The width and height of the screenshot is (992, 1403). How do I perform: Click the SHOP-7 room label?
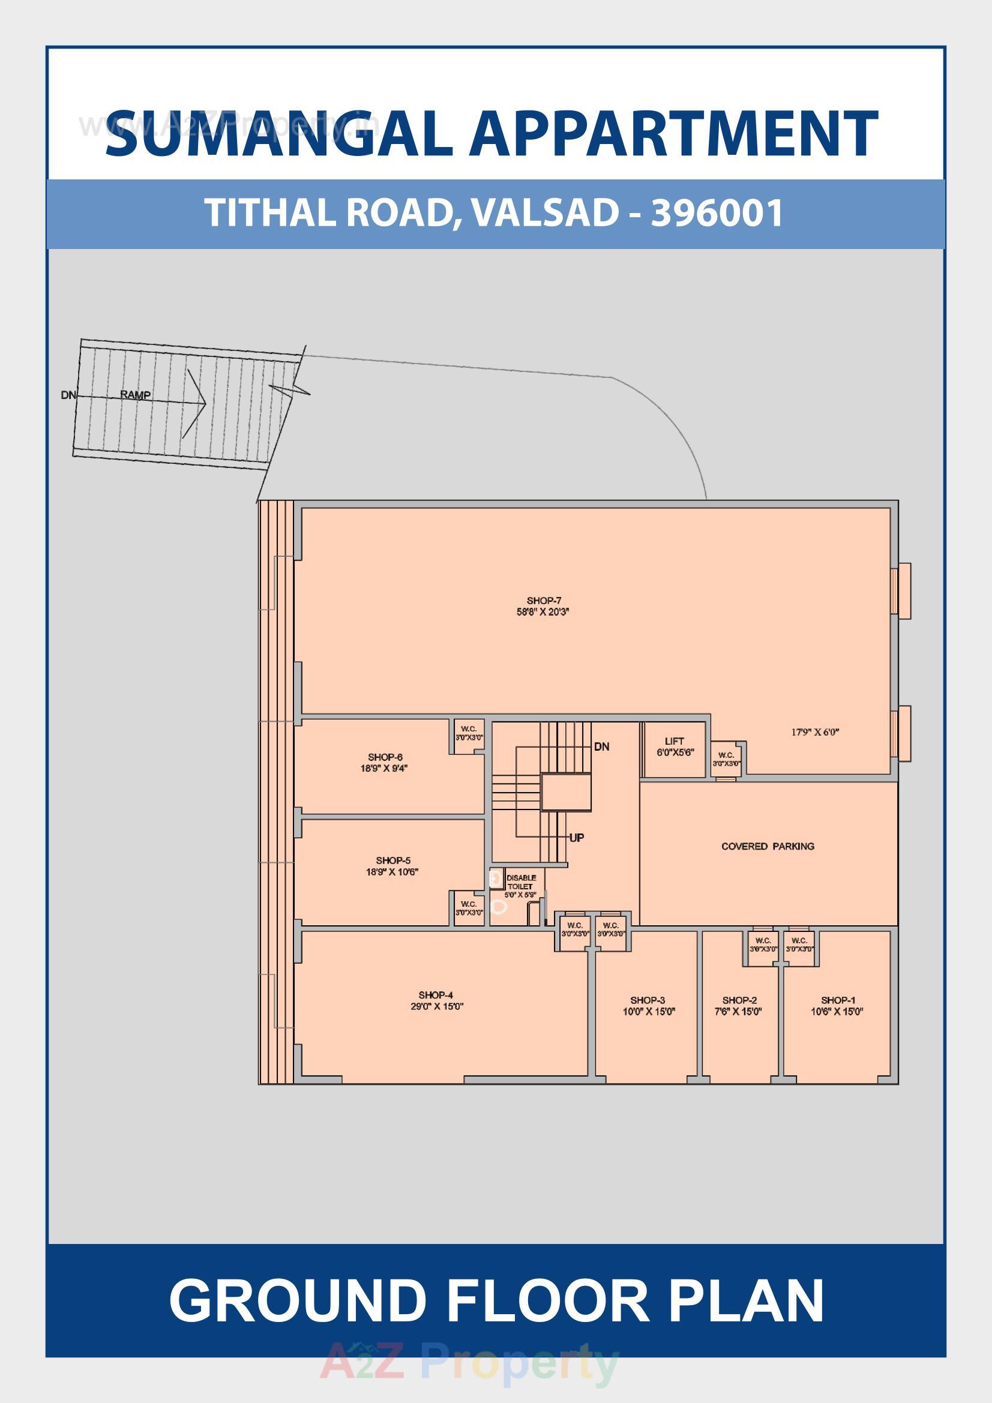tap(543, 601)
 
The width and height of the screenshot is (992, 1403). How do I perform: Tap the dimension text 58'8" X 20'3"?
tap(543, 611)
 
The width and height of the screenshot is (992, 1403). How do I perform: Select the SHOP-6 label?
tap(385, 757)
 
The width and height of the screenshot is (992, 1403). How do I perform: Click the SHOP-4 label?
tap(436, 995)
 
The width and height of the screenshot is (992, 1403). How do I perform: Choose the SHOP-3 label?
tap(648, 1000)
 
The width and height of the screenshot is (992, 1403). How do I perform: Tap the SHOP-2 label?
tap(739, 1000)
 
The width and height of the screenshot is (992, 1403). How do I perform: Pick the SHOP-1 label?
tap(838, 1000)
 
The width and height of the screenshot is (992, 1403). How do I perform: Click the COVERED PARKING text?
tap(768, 846)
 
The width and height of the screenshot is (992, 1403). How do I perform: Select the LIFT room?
tap(675, 747)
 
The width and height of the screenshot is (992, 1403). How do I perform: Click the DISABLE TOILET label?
tap(521, 882)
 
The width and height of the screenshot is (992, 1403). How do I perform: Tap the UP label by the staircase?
tap(576, 838)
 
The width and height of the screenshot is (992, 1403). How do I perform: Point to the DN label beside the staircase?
tap(601, 747)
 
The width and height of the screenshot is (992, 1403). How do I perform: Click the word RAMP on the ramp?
tap(135, 395)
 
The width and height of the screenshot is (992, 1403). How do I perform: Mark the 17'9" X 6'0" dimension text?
tap(815, 732)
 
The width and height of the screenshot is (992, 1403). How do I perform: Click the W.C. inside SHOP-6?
tap(469, 733)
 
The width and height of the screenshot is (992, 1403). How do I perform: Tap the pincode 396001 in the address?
tap(717, 212)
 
